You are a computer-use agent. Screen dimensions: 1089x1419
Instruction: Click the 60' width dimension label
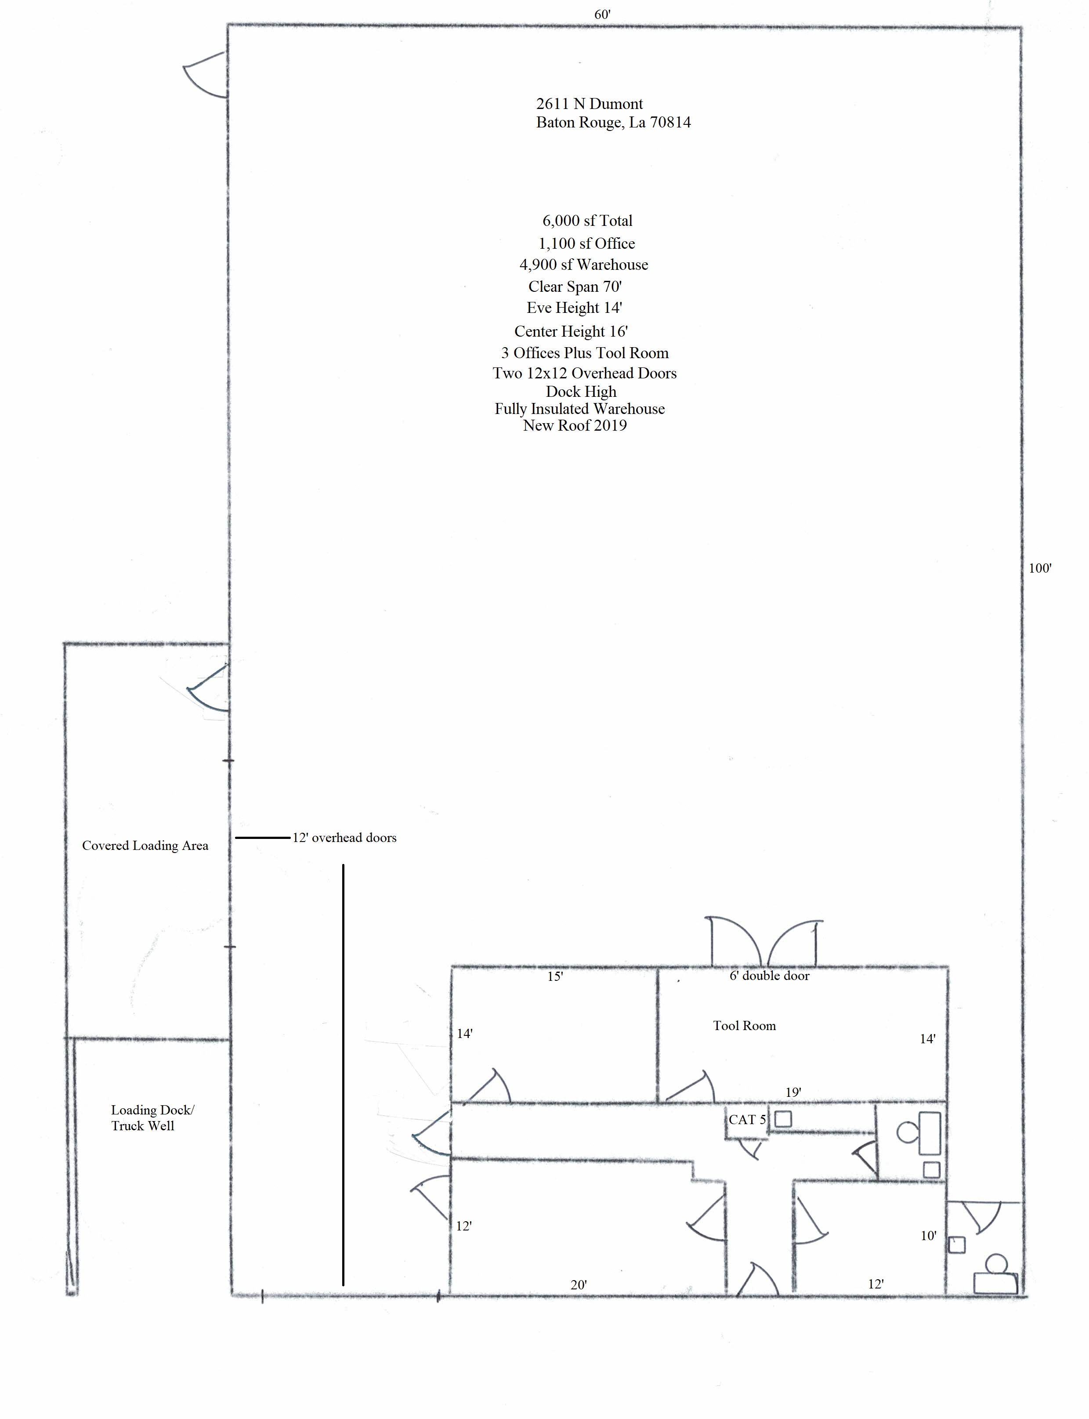pos(602,14)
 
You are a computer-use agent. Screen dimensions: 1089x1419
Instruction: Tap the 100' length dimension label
pos(1040,568)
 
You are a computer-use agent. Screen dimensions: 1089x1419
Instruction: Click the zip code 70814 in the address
pos(670,123)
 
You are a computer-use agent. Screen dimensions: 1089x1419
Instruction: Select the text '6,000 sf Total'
pos(587,221)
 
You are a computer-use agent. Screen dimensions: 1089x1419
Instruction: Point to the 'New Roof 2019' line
pos(575,425)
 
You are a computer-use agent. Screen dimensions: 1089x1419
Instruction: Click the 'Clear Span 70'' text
pos(575,287)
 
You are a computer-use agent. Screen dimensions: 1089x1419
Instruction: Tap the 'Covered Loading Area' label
pos(145,846)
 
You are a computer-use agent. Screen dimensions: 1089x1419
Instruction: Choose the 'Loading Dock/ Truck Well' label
pos(152,1118)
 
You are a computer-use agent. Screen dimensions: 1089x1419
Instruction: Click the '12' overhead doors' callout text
pos(344,838)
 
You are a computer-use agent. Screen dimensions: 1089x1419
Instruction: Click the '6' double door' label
pos(770,976)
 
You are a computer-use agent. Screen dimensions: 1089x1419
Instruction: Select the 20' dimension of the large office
pos(579,1285)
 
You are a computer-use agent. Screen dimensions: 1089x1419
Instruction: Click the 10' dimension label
pos(928,1236)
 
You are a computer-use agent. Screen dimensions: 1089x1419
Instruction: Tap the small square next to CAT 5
pos(783,1119)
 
